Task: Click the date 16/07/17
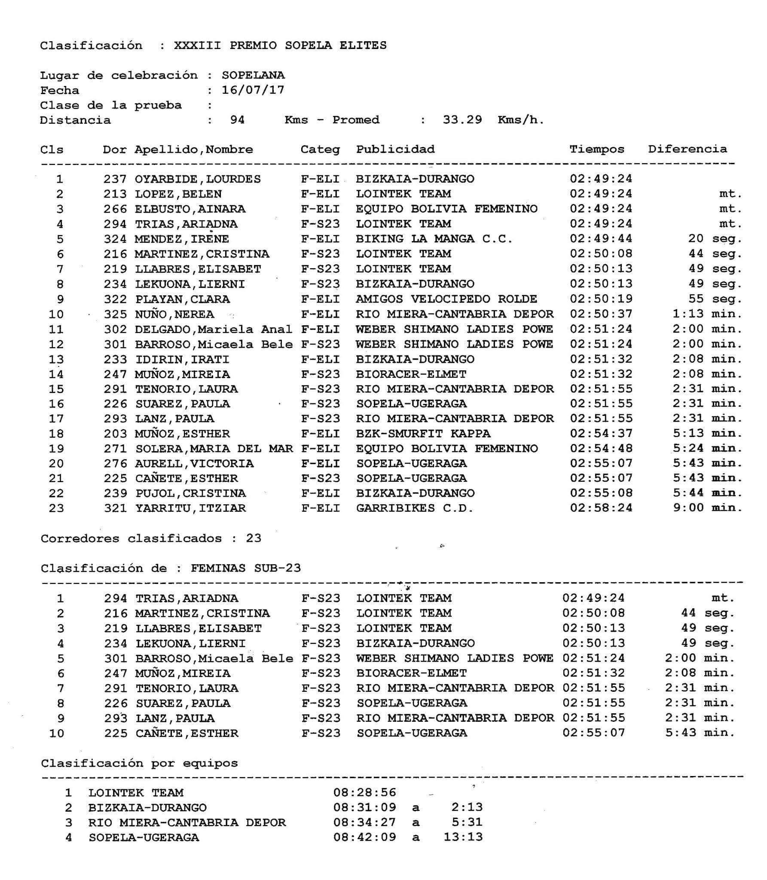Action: (x=253, y=90)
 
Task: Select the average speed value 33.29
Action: (x=462, y=120)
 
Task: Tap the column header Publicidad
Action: (x=395, y=150)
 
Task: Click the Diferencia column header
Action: (x=688, y=149)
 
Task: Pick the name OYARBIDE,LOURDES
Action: (x=198, y=179)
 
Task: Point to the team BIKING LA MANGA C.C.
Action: (x=434, y=239)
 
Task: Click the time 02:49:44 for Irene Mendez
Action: (x=601, y=239)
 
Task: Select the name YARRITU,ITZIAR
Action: (x=191, y=508)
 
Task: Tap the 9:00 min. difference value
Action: (x=707, y=508)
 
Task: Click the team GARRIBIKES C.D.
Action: (x=415, y=508)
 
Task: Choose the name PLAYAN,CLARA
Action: (x=182, y=299)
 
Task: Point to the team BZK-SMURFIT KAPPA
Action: (x=423, y=434)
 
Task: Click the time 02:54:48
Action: (x=601, y=449)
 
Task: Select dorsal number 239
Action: (x=115, y=493)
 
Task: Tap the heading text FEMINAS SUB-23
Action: (x=246, y=568)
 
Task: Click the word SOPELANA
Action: (x=253, y=75)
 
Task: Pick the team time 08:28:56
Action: (x=364, y=793)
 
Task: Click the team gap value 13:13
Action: (x=463, y=837)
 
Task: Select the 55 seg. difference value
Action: (x=715, y=299)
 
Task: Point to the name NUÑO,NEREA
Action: (x=174, y=314)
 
